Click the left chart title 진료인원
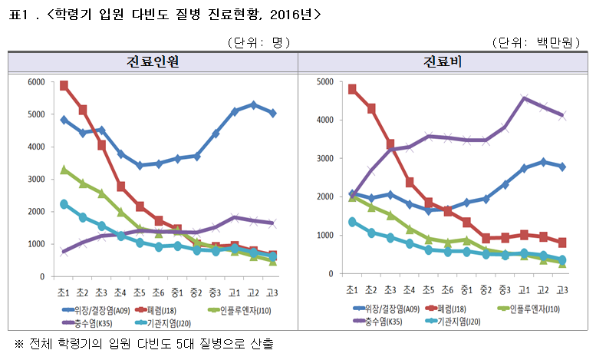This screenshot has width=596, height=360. [x=153, y=62]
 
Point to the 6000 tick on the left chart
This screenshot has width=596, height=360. [x=35, y=82]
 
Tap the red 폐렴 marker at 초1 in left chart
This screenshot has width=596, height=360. [x=64, y=86]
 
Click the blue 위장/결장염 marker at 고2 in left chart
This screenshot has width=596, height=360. [x=253, y=104]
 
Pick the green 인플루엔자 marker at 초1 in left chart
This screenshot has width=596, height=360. [x=64, y=170]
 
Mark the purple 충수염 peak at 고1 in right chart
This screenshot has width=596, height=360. [x=524, y=98]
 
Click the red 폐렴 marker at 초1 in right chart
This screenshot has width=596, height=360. [x=352, y=89]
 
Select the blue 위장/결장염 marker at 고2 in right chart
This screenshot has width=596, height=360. [x=543, y=162]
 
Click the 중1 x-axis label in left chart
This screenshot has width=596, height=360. [x=177, y=292]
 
